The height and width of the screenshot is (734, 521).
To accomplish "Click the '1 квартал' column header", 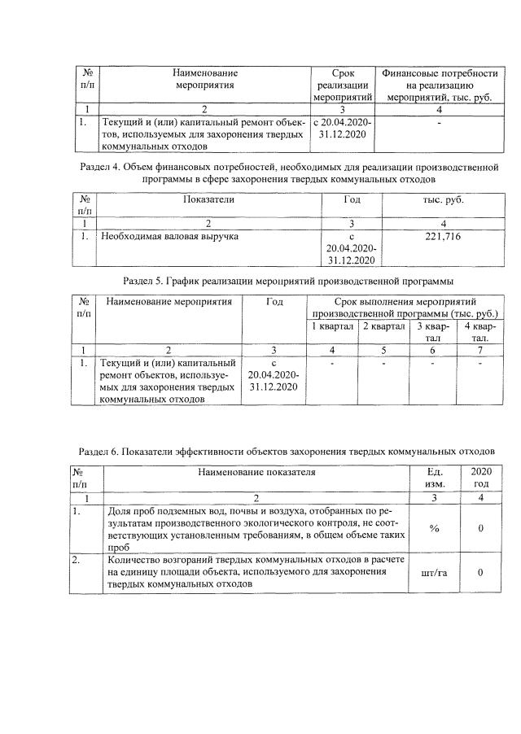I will click(332, 326).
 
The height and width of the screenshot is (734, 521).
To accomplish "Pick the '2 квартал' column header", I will click(383, 326).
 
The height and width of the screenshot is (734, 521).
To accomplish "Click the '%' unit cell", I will click(433, 529).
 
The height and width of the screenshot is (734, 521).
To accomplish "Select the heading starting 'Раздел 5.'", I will click(288, 282).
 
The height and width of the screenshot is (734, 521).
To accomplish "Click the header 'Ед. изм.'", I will click(433, 478).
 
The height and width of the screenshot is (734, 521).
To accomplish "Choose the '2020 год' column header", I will click(481, 478).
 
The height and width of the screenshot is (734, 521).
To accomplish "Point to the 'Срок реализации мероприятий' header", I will click(341, 84).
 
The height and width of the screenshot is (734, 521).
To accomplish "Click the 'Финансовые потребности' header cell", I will click(439, 84).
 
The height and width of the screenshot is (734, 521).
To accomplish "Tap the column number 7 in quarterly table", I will click(480, 350).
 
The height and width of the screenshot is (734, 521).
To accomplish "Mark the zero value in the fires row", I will click(481, 573).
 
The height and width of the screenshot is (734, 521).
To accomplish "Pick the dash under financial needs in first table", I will click(439, 123).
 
